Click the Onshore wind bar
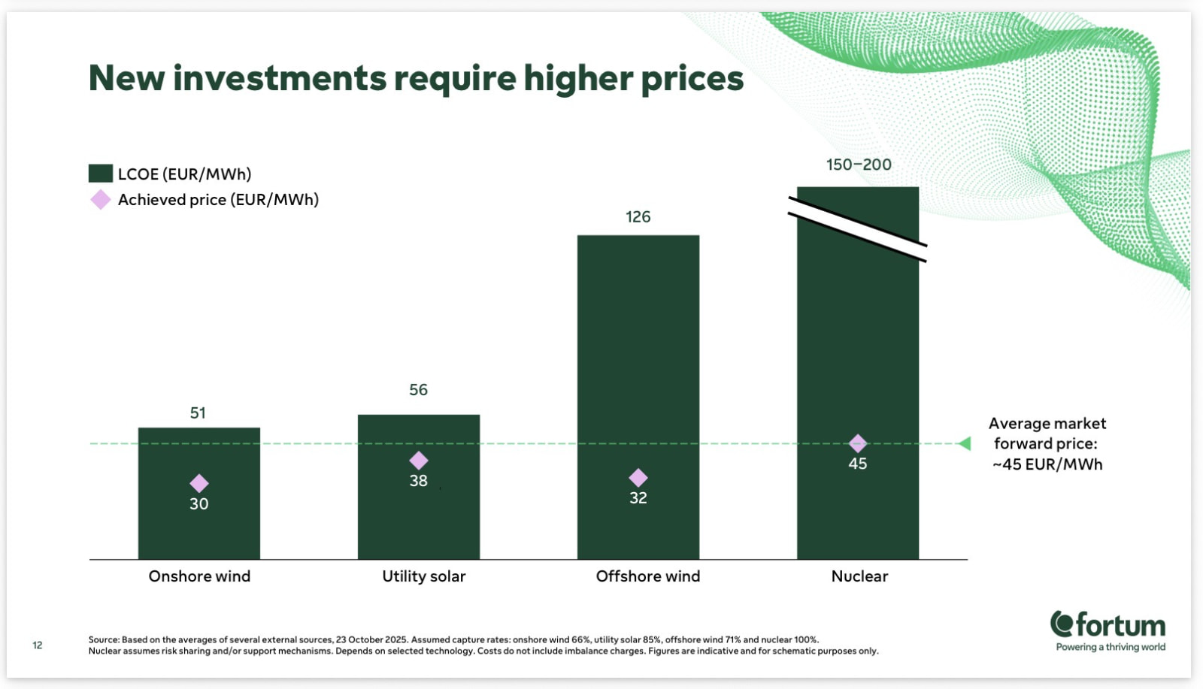[x=199, y=493]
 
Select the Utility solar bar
[x=419, y=487]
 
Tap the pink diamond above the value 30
[x=199, y=483]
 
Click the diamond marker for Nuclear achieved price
[x=858, y=443]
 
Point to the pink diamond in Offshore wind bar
[x=638, y=478]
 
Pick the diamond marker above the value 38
[x=419, y=461]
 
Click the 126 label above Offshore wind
[x=638, y=217]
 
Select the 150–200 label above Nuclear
[x=859, y=165]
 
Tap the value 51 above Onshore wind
[x=198, y=412]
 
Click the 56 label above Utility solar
[x=418, y=389]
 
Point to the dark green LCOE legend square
[x=101, y=174]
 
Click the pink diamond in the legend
[x=101, y=200]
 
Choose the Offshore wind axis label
[x=647, y=576]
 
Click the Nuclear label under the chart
[x=859, y=576]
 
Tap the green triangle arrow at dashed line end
[x=965, y=443]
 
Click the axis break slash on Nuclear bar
[x=858, y=230]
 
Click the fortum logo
[x=1108, y=631]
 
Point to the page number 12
[x=37, y=645]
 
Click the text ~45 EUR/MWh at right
[x=1047, y=464]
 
